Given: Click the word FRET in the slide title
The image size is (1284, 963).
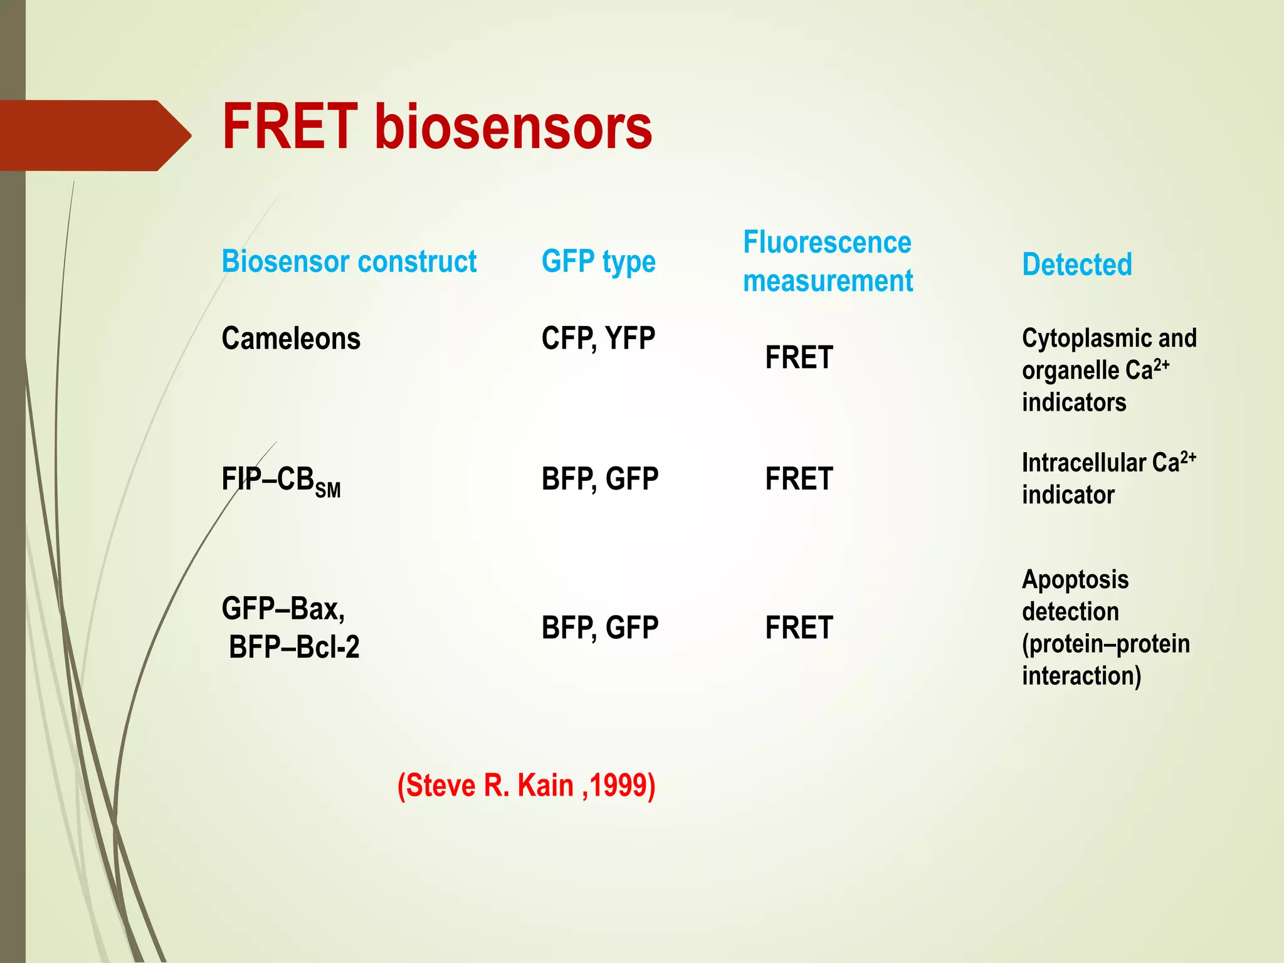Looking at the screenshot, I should point(290,127).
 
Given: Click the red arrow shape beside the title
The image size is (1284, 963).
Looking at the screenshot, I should point(94,135).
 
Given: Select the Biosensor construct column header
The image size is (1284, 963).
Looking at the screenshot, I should point(349,261).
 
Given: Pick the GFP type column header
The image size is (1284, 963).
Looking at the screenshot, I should point(598,262).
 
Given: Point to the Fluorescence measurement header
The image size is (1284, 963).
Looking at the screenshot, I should point(828,261).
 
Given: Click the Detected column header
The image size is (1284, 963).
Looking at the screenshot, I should point(1076,265).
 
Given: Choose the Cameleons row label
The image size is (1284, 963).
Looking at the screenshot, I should point(291,339).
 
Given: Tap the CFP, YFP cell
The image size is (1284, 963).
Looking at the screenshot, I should point(598,339).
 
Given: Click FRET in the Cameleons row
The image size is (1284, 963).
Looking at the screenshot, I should point(799,358).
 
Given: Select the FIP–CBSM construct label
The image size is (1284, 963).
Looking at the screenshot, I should point(281,481).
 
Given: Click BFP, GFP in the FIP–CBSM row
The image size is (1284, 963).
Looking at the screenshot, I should point(599,479).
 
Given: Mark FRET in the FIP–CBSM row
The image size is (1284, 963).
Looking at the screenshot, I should point(799,479).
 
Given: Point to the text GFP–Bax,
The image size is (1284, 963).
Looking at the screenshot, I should point(283,609).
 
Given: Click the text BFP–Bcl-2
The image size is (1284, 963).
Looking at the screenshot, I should point(294,647).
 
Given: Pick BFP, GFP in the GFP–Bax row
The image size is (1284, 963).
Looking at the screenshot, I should point(599,628).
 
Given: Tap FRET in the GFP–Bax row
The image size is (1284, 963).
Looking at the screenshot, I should point(799,628).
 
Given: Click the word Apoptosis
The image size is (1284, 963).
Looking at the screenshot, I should point(1075,579).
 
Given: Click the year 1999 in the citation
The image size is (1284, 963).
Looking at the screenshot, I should point(619,786).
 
